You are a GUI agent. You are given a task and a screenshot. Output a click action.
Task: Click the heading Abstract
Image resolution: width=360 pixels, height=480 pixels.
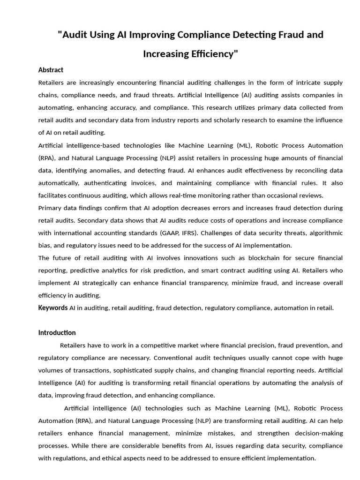pyautogui.click(x=51, y=70)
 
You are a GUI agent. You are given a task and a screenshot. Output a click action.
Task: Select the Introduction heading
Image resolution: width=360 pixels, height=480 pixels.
pyautogui.click(x=57, y=332)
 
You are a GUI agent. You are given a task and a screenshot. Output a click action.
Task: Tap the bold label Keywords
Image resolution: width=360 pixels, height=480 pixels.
pyautogui.click(x=53, y=307)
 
